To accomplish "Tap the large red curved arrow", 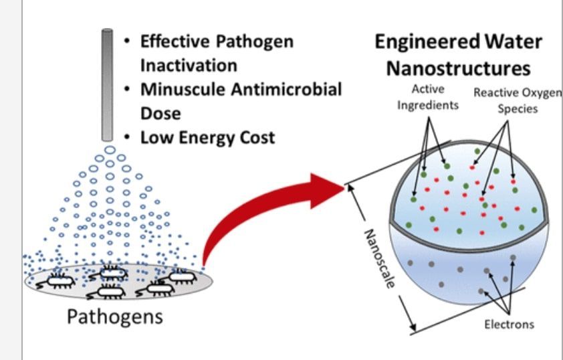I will pyautogui.click(x=267, y=214).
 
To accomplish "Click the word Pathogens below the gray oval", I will pyautogui.click(x=115, y=316).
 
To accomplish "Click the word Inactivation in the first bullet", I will pyautogui.click(x=189, y=65).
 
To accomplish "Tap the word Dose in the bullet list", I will pyautogui.click(x=156, y=113).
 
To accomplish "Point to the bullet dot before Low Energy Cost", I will pyautogui.click(x=128, y=137).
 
